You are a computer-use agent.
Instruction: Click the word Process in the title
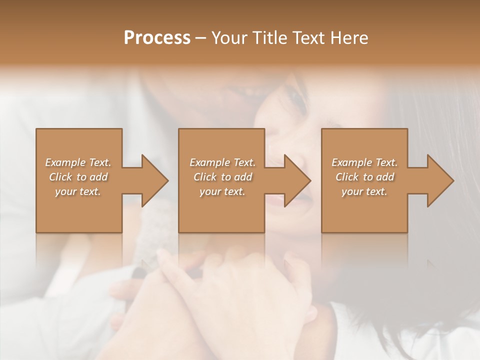click(157, 38)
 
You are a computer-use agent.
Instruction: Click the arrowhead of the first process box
click(152, 180)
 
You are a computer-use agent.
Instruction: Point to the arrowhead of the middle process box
click(295, 180)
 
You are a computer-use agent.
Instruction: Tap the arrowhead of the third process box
click(438, 180)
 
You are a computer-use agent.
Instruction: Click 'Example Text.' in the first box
click(78, 162)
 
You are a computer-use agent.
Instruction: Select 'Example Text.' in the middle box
click(222, 162)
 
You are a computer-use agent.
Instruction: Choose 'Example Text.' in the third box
click(364, 162)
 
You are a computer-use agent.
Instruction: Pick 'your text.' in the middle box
click(222, 191)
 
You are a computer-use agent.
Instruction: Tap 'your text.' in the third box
click(364, 191)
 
